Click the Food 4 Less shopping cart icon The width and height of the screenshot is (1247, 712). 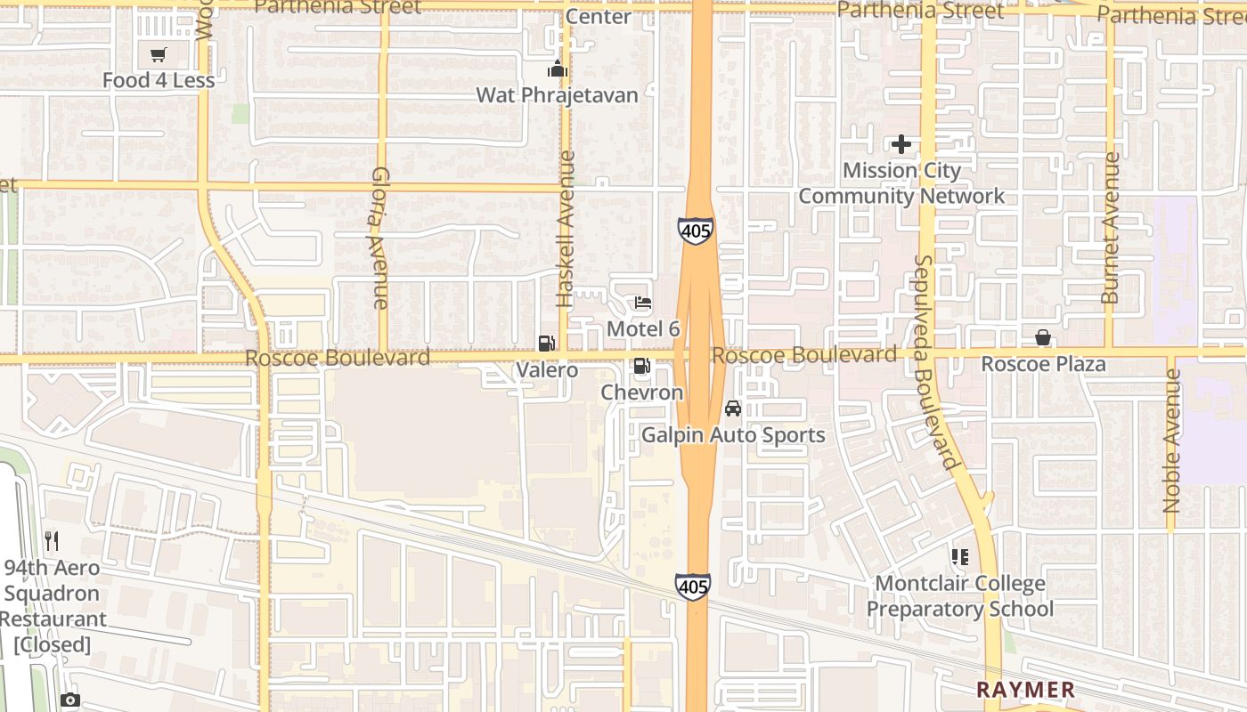tap(159, 55)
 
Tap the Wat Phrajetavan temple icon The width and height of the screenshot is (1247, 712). tap(558, 69)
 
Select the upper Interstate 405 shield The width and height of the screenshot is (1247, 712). tap(695, 231)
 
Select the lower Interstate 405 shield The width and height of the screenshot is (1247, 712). tap(693, 586)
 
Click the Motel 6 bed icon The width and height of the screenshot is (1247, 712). tap(643, 303)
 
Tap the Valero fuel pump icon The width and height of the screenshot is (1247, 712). tap(546, 344)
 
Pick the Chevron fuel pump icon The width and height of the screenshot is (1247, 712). tap(641, 366)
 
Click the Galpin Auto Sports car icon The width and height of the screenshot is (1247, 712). tap(733, 409)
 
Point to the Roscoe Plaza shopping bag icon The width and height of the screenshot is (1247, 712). tap(1042, 337)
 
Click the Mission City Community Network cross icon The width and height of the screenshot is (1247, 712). tap(901, 143)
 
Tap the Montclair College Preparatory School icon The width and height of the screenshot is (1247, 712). tap(959, 558)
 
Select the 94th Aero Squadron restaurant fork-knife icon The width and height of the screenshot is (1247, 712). tap(52, 540)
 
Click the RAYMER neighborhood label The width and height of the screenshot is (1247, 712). tap(1025, 690)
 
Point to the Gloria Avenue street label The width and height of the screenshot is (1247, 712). tap(380, 238)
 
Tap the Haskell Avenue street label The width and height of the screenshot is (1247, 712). tap(565, 229)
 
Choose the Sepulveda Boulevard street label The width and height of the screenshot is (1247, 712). tap(934, 362)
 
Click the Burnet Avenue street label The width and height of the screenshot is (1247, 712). tap(1110, 228)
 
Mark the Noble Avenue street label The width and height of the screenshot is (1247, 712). tap(1172, 441)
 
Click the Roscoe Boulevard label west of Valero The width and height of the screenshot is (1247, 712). tap(338, 358)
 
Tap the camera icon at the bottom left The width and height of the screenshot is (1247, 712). tap(70, 700)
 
